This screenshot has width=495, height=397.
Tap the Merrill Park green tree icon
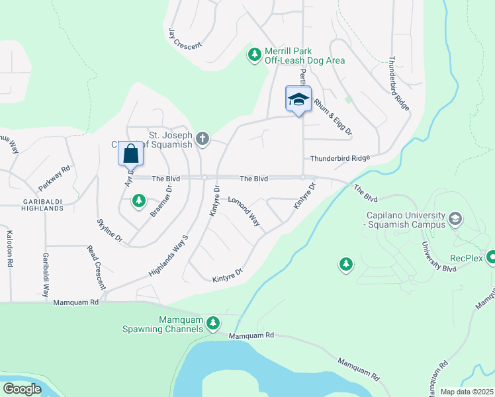coord(254,55)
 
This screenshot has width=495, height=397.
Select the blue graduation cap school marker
coord(298,99)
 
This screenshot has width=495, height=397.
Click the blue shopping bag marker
coord(130,154)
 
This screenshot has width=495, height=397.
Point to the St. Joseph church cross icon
coord(202,139)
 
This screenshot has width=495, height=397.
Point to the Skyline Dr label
coord(109,230)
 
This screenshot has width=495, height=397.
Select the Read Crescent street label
coord(96,267)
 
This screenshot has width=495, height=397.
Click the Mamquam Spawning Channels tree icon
coord(212,323)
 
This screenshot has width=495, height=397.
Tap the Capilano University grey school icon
coord(455,218)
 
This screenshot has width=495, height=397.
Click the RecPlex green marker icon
coord(492,257)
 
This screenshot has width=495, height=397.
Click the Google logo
coord(22,388)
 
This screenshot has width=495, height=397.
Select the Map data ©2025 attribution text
coord(466,392)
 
